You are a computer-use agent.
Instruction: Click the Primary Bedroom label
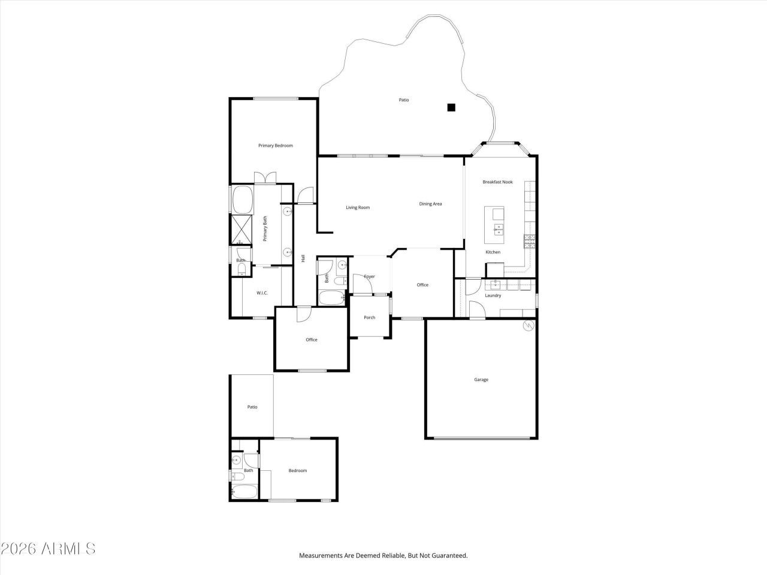click(x=275, y=146)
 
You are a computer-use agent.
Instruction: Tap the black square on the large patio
click(x=451, y=108)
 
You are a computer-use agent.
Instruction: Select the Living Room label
click(x=358, y=208)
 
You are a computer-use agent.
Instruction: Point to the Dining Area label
click(x=430, y=204)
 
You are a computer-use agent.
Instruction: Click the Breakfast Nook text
click(x=497, y=182)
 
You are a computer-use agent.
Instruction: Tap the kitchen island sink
click(x=498, y=228)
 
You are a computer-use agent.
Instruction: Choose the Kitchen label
click(x=493, y=252)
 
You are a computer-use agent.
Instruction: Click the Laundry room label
click(x=493, y=295)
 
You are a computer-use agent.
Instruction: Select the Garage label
click(x=481, y=380)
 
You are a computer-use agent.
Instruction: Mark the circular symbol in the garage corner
click(x=529, y=325)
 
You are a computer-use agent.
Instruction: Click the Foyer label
click(x=369, y=277)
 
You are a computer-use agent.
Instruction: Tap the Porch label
click(x=369, y=317)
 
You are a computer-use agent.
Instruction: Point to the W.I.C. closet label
click(x=262, y=293)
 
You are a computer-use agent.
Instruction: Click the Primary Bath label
click(x=265, y=229)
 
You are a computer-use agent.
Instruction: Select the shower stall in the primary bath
click(x=242, y=230)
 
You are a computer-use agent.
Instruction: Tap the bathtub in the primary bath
click(x=242, y=200)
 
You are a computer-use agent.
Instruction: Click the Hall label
click(x=303, y=259)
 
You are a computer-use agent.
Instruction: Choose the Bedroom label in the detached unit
click(x=297, y=471)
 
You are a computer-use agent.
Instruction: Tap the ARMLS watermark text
click(x=48, y=549)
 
